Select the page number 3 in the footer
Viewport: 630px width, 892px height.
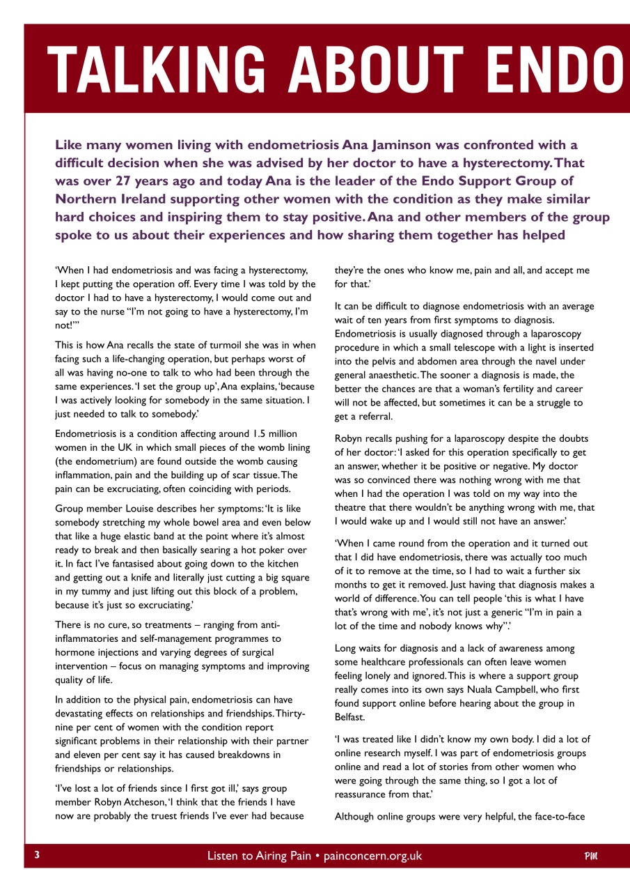[36, 855]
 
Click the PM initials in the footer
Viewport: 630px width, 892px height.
[592, 856]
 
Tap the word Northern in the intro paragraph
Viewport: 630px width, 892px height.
[86, 199]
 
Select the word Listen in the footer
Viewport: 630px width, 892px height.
[223, 856]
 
